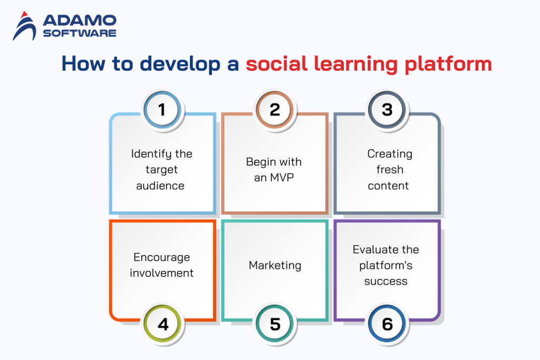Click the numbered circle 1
click(x=162, y=110)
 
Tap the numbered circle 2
click(x=275, y=110)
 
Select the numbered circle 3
click(x=388, y=110)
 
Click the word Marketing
click(x=275, y=265)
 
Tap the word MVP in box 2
click(x=282, y=178)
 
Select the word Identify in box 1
click(x=149, y=154)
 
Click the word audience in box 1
click(x=160, y=186)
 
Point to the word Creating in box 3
click(x=389, y=154)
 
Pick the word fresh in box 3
click(x=390, y=170)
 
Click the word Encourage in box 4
click(x=161, y=257)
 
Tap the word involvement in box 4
click(x=161, y=273)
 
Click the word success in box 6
click(x=385, y=281)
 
